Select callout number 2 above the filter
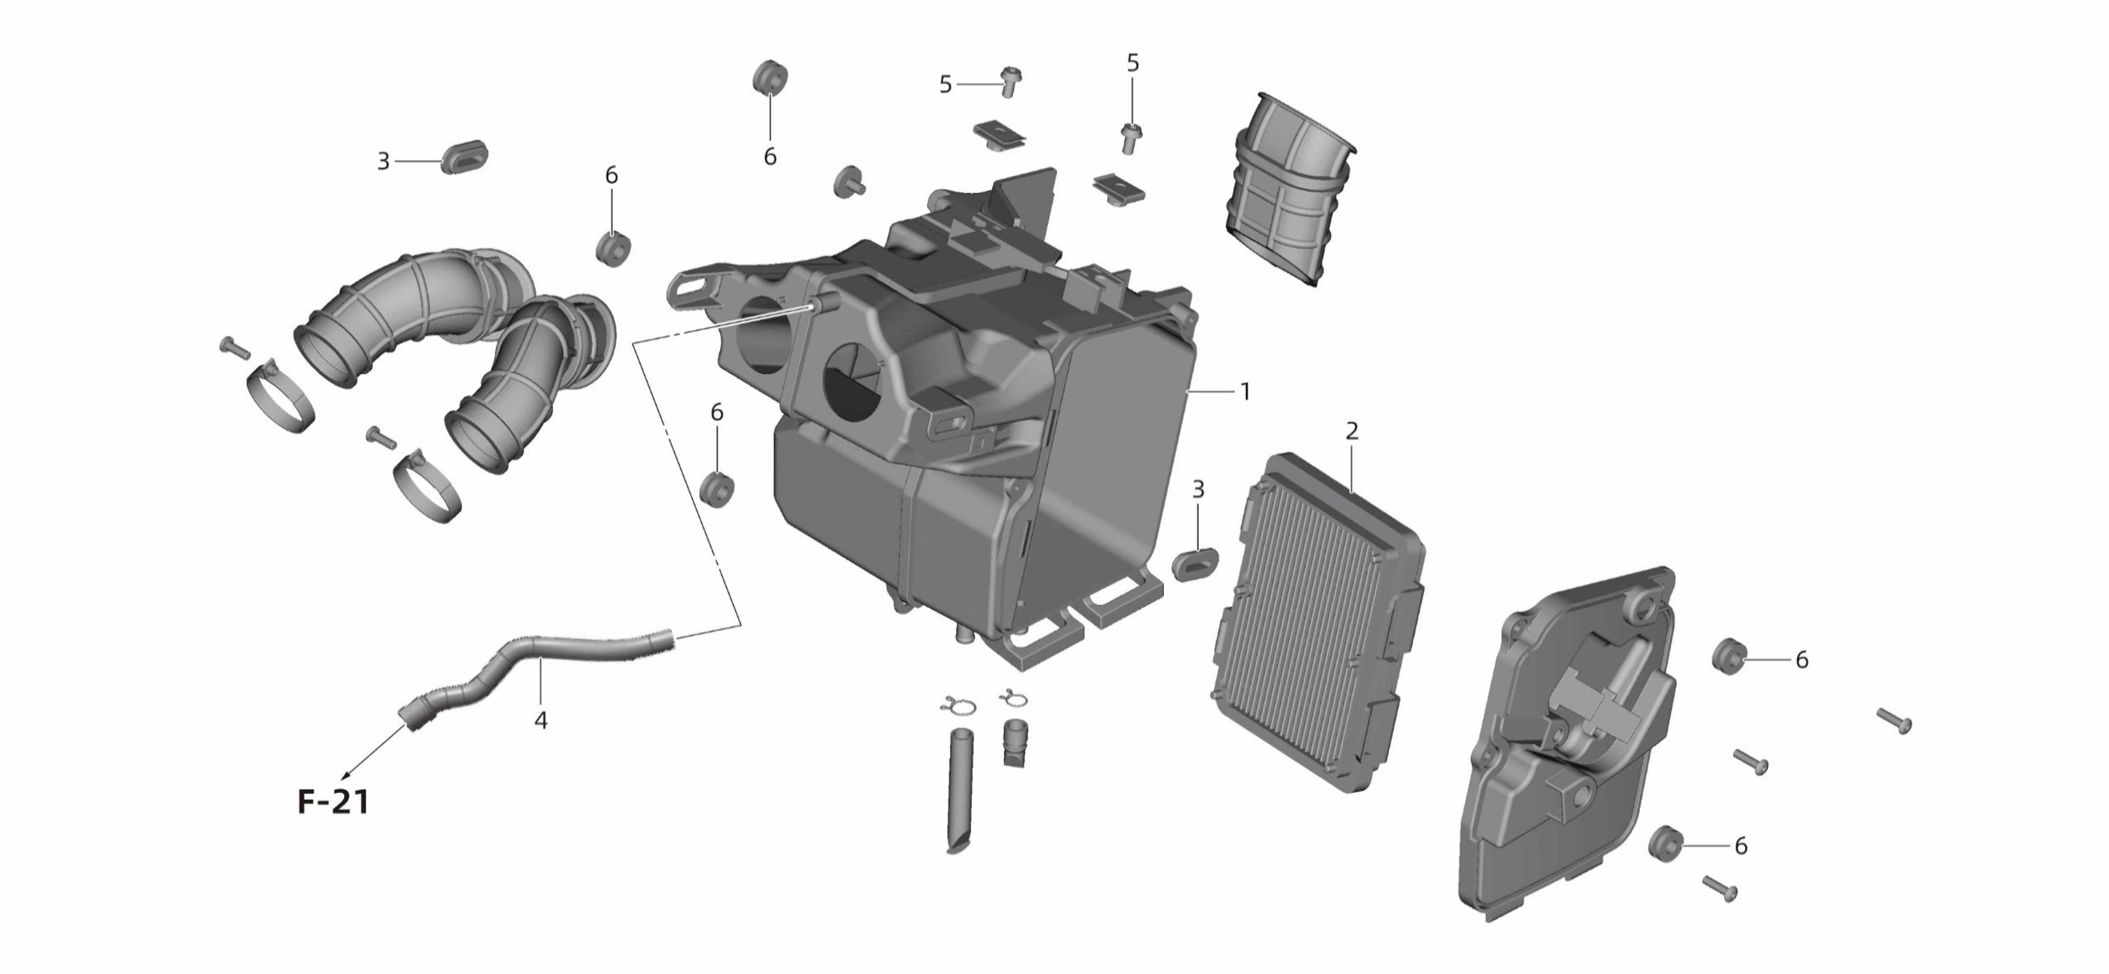[x=1352, y=431]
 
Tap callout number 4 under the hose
[x=540, y=720]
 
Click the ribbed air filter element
[x=1318, y=622]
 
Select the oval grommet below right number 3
[x=1196, y=565]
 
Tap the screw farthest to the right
[x=1894, y=720]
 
